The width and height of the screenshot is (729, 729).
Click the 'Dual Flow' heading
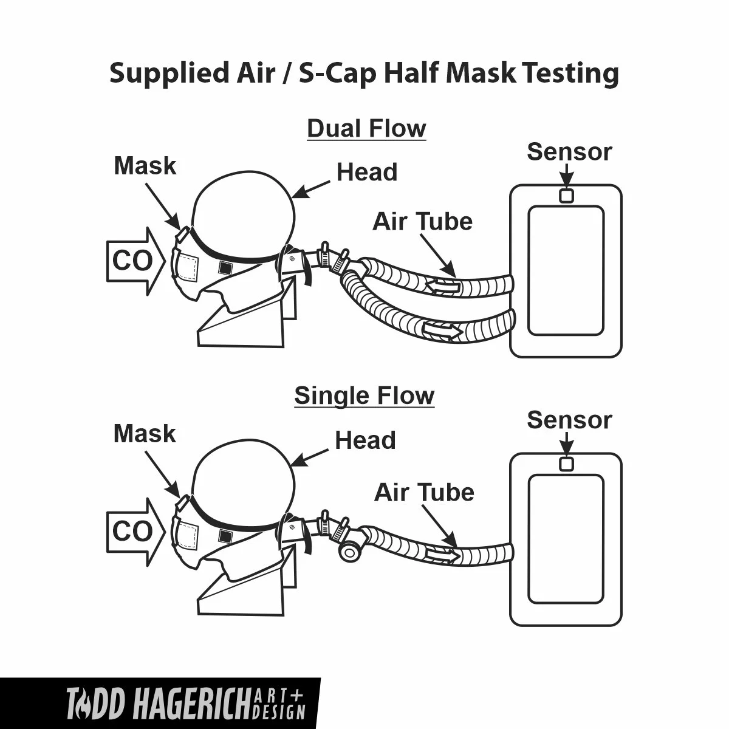click(366, 129)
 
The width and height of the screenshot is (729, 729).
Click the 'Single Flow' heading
click(364, 395)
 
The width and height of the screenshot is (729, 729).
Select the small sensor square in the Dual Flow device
click(566, 196)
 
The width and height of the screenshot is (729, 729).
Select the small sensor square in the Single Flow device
click(566, 464)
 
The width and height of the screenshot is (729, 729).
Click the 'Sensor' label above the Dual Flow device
click(569, 152)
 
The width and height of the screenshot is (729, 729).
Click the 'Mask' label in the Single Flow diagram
click(145, 434)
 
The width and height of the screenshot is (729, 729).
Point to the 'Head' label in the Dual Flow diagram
click(367, 173)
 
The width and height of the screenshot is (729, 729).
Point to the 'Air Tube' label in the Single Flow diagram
click(423, 492)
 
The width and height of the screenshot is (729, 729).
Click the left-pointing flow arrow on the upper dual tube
click(442, 285)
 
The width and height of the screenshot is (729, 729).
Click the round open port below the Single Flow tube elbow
click(350, 552)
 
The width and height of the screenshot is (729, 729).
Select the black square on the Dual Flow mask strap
click(225, 267)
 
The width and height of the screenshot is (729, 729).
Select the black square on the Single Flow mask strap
click(225, 535)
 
